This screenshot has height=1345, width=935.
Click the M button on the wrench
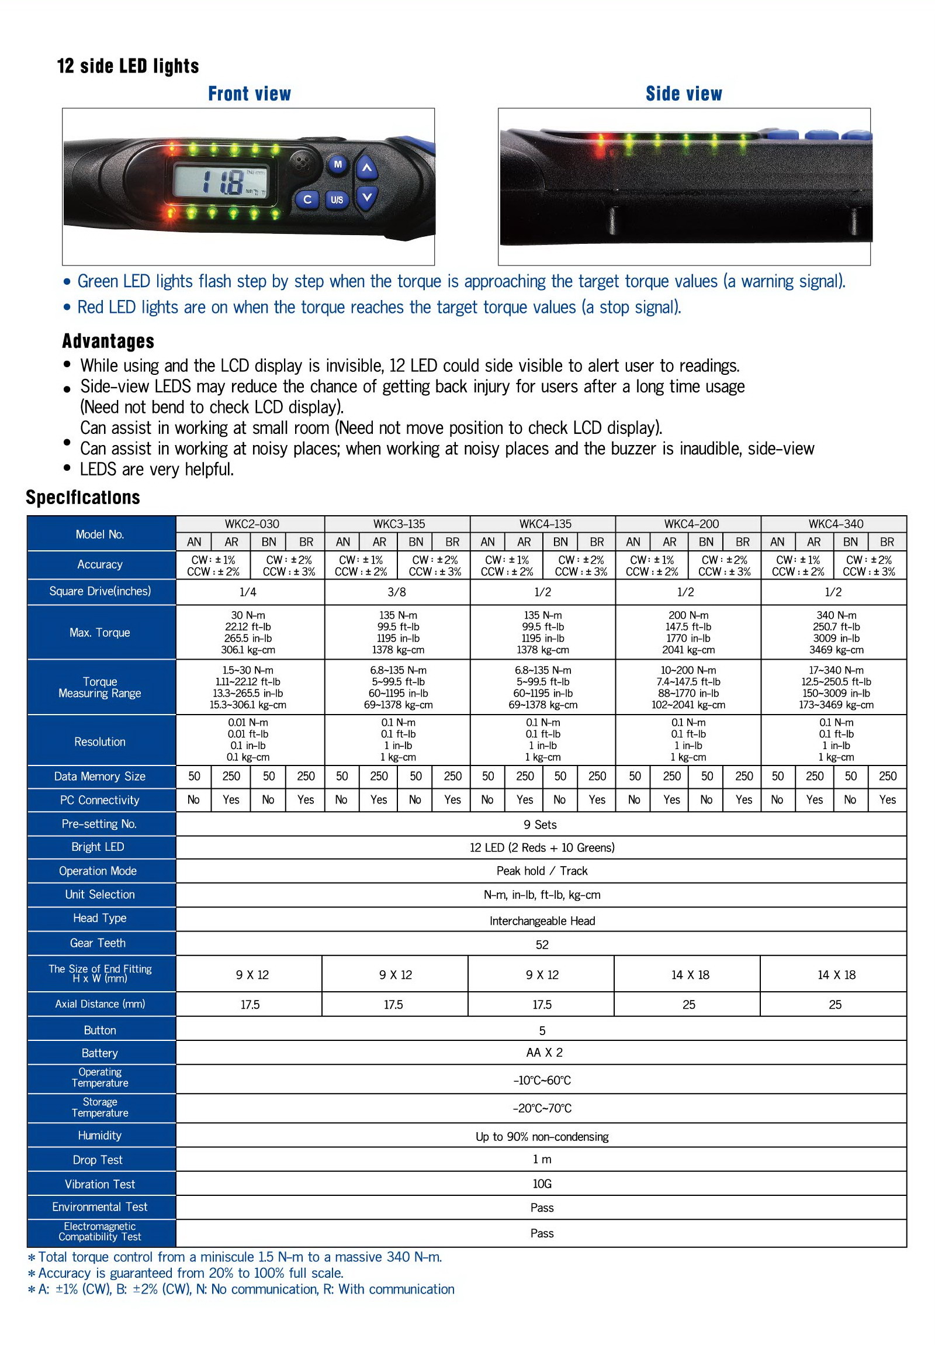coord(337,164)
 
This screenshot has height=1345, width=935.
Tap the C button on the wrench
coord(307,200)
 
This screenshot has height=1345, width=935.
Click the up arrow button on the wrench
coord(366,168)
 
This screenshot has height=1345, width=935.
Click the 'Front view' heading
coord(250,94)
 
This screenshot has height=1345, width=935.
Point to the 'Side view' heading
coord(683,94)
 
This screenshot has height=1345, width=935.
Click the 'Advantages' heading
coord(108,341)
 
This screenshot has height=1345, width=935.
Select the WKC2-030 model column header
coord(252,524)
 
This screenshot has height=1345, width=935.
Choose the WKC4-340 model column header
coord(836,524)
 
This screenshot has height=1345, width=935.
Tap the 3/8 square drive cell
coord(396,592)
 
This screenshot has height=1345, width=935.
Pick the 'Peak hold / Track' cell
coord(542,871)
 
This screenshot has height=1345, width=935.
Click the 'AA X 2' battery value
coord(544,1052)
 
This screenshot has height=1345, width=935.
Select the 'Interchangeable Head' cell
coord(542,920)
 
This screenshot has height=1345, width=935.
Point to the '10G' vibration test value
coord(542,1184)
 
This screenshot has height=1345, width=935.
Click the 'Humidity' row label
coord(99,1135)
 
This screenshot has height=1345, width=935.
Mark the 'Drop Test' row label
coord(98,1159)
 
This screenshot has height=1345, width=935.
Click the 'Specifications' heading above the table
coord(83,497)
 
